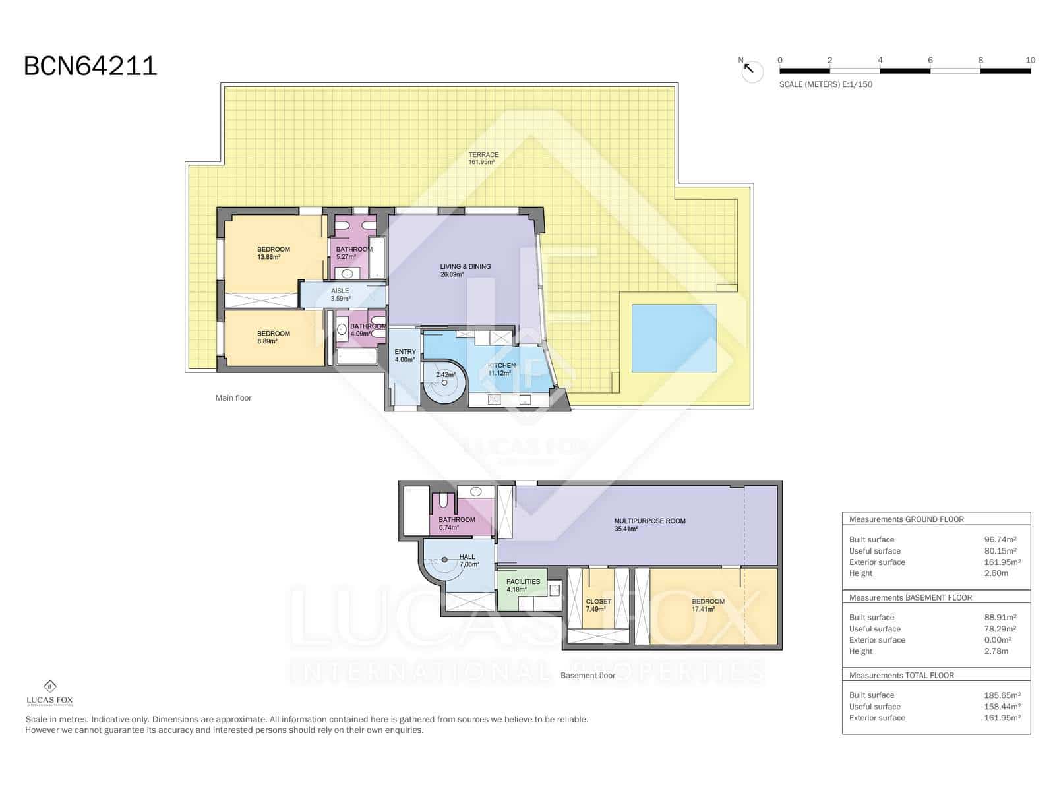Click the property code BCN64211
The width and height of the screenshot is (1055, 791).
pyautogui.click(x=90, y=66)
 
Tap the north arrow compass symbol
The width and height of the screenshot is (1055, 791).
pyautogui.click(x=752, y=71)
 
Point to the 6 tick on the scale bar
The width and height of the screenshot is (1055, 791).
pyautogui.click(x=930, y=60)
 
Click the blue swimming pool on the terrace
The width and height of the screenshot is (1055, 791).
pyautogui.click(x=674, y=338)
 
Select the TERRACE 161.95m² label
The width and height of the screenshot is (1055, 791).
pyautogui.click(x=483, y=158)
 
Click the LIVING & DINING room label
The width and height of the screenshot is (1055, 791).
pyautogui.click(x=465, y=270)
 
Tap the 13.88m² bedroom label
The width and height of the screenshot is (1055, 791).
pyautogui.click(x=273, y=253)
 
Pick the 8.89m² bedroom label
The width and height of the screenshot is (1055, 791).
pyautogui.click(x=273, y=337)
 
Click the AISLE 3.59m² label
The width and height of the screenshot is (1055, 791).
pyautogui.click(x=340, y=295)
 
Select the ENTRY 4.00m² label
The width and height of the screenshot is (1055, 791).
pyautogui.click(x=405, y=356)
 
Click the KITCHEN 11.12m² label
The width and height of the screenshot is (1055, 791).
pyautogui.click(x=501, y=369)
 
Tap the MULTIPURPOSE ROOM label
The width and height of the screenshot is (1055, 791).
pyautogui.click(x=649, y=525)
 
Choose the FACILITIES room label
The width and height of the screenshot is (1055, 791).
pyautogui.click(x=523, y=585)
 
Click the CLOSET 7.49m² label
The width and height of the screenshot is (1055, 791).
pyautogui.click(x=598, y=605)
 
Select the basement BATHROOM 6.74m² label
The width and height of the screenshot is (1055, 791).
pyautogui.click(x=457, y=523)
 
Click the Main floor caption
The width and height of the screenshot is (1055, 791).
pyautogui.click(x=233, y=398)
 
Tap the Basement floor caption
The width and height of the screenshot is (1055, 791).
pyautogui.click(x=588, y=676)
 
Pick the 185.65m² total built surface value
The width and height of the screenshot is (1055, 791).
pyautogui.click(x=1000, y=695)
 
